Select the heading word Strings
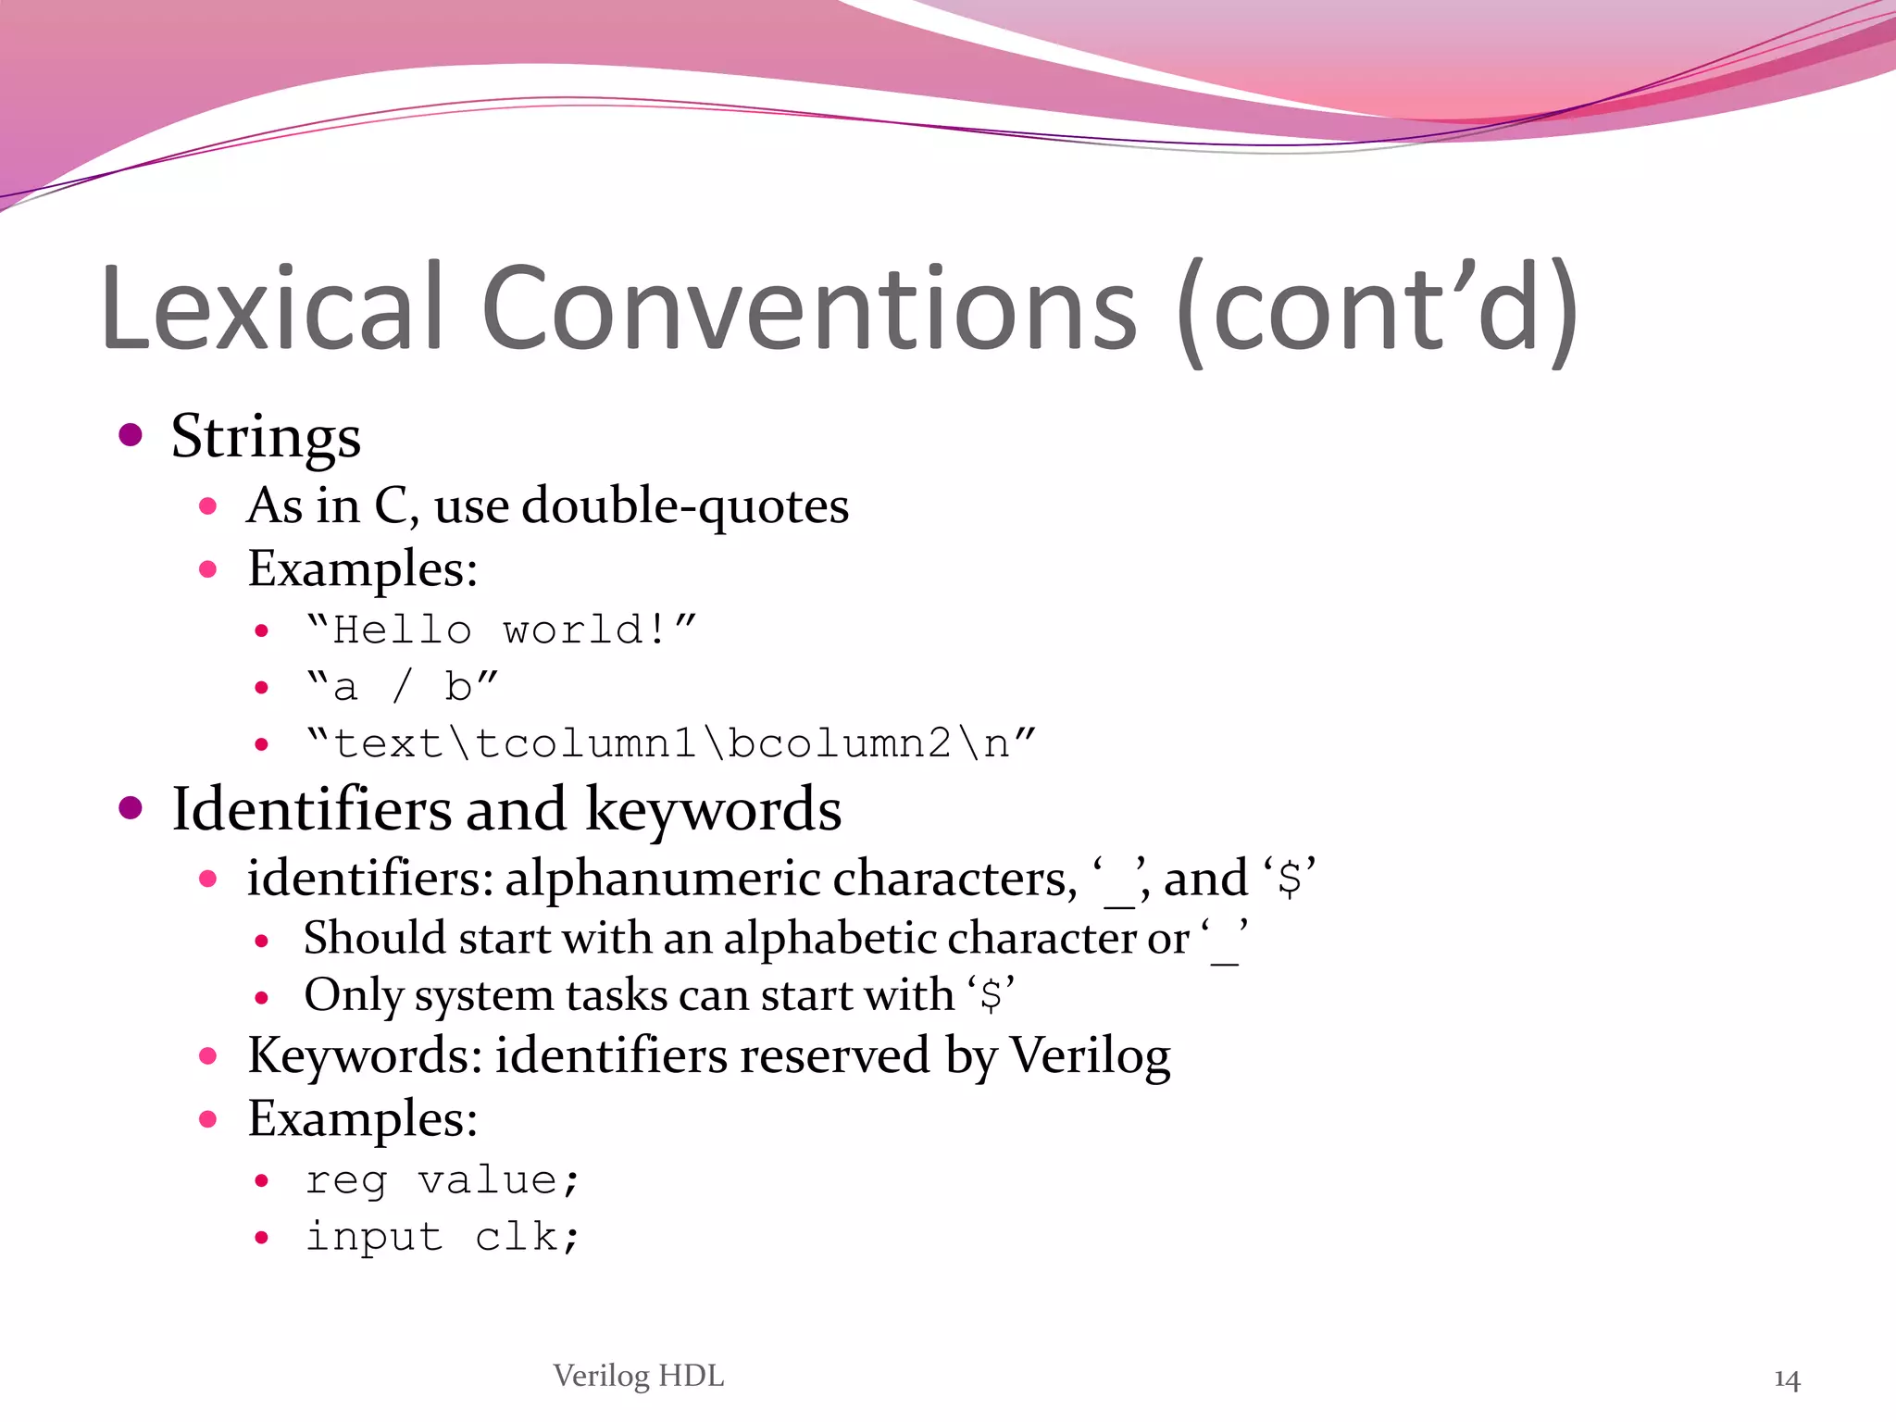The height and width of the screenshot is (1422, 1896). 266,437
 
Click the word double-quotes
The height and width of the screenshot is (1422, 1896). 685,506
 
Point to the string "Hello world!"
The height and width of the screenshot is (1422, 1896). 501,630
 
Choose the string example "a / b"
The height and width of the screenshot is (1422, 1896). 402,687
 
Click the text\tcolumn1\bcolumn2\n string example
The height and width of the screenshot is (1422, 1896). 671,743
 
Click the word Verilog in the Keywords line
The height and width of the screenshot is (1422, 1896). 1090,1055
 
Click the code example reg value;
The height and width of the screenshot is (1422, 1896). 443,1180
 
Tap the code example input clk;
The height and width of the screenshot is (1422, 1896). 443,1237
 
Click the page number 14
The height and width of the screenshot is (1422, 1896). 1787,1379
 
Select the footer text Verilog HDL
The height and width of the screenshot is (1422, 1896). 639,1376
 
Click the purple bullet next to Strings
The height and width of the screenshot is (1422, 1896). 131,434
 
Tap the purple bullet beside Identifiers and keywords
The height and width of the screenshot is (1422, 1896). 131,808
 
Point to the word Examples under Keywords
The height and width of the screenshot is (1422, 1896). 362,1118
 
